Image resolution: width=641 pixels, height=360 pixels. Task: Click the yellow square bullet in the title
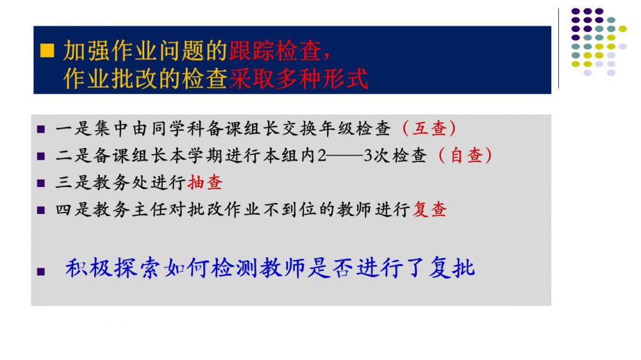click(47, 51)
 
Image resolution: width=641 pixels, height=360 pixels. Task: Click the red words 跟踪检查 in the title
click(275, 51)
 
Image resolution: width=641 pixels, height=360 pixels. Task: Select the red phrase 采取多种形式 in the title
click(299, 78)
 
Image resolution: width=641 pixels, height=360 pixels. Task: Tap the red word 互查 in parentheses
click(429, 128)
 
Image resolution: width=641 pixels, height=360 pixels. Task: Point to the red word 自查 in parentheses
click(467, 155)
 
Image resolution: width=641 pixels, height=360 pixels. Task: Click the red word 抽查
click(205, 183)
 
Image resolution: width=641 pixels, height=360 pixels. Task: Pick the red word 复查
click(429, 209)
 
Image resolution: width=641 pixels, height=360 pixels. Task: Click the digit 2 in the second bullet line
click(322, 156)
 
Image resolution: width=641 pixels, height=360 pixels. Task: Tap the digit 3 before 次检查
click(368, 156)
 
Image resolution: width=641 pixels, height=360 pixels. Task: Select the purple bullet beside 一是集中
click(41, 129)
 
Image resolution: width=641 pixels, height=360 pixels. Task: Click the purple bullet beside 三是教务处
click(41, 183)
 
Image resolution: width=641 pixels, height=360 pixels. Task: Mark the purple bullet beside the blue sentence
click(41, 272)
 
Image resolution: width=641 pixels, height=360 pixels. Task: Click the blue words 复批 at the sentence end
click(452, 268)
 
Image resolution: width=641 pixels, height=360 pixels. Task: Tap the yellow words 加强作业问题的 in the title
click(146, 51)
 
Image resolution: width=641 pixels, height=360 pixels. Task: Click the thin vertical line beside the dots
click(558, 48)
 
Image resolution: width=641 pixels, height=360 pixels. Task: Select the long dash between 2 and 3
click(345, 156)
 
